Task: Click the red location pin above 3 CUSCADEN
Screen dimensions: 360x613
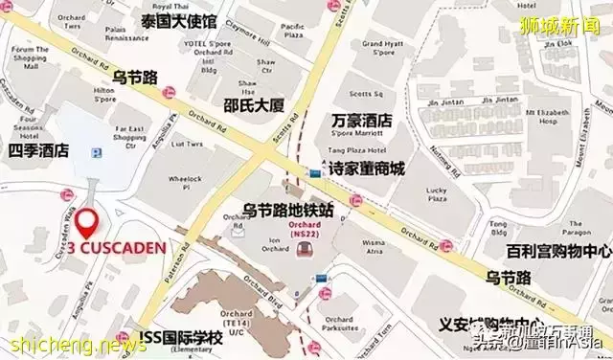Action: coord(89,222)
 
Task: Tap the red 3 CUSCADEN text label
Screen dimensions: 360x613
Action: coord(116,247)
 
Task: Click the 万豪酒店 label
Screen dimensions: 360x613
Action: coord(361,122)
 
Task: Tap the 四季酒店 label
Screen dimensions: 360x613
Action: coord(37,150)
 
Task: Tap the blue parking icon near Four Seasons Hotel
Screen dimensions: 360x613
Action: coord(93,152)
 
